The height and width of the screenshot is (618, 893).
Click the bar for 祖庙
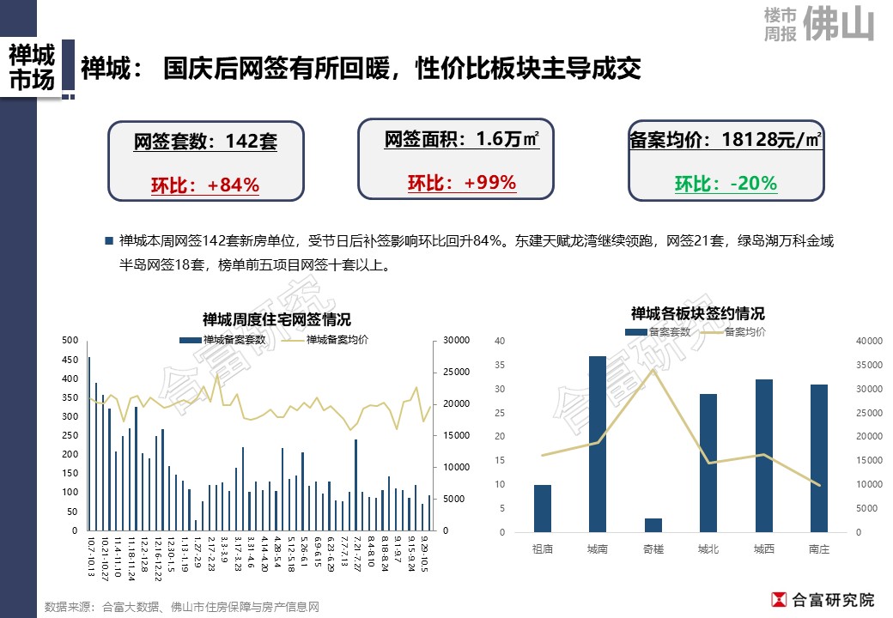pos(543,508)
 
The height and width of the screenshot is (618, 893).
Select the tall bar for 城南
pos(598,444)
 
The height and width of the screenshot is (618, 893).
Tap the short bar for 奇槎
pos(653,524)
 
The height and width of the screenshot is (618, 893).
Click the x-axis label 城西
pos(763,549)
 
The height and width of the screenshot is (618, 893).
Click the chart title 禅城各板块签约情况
pos(697,313)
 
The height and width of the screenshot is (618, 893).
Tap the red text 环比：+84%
pos(205,185)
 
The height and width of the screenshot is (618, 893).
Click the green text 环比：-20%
pos(726,184)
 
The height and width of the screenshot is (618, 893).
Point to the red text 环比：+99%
pos(461,183)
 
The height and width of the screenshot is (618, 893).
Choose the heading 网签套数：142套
pos(205,142)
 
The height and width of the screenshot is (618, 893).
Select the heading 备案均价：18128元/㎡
pos(726,140)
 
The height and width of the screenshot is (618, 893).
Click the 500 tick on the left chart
pos(70,341)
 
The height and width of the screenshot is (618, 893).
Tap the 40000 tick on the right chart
pos(870,342)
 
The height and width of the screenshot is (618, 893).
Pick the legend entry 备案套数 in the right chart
pos(659,331)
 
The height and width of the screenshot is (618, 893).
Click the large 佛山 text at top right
pos(839,25)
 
